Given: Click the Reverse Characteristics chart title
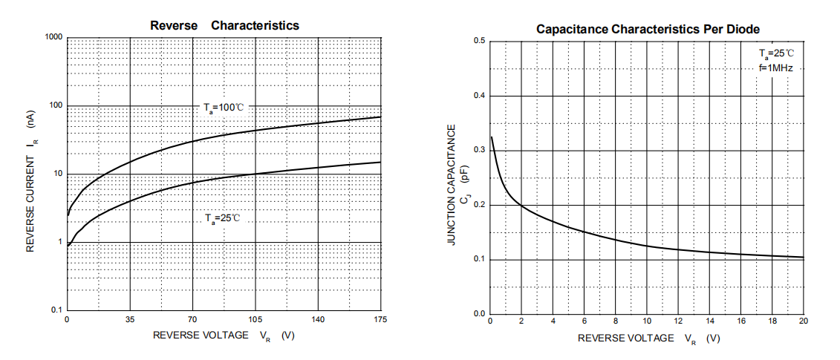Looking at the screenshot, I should pyautogui.click(x=224, y=26).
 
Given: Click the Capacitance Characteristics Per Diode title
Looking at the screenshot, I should pyautogui.click(x=648, y=29).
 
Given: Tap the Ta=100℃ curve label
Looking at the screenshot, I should pyautogui.click(x=224, y=108).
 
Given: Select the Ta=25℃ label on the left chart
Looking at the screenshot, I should pyautogui.click(x=224, y=218).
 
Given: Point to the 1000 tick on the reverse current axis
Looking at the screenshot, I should pyautogui.click(x=53, y=37).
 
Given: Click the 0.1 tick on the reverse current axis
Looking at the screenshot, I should pyautogui.click(x=56, y=310).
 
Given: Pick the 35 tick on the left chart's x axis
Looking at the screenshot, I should pyautogui.click(x=130, y=320).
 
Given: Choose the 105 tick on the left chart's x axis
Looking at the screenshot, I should pyautogui.click(x=255, y=320).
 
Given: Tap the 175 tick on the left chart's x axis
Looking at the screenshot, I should pyautogui.click(x=380, y=320).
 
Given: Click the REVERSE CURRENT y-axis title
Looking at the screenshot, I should pyautogui.click(x=31, y=181).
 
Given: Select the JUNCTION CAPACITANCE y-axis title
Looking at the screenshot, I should pyautogui.click(x=451, y=186).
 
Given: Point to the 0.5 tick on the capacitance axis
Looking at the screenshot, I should pyautogui.click(x=479, y=41).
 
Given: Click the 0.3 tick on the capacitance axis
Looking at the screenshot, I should pyautogui.click(x=479, y=150).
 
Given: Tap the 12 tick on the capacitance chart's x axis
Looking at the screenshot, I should pyautogui.click(x=678, y=321).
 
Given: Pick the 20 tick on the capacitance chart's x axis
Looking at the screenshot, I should pyautogui.click(x=803, y=321).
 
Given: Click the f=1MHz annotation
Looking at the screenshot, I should pyautogui.click(x=775, y=68).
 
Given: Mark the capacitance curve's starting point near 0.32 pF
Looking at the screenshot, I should pyautogui.click(x=492, y=137).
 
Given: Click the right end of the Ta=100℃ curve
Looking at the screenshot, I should pyautogui.click(x=380, y=117).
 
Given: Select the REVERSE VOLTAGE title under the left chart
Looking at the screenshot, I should pyautogui.click(x=224, y=336).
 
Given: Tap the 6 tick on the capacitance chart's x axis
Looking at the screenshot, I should pyautogui.click(x=584, y=321).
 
